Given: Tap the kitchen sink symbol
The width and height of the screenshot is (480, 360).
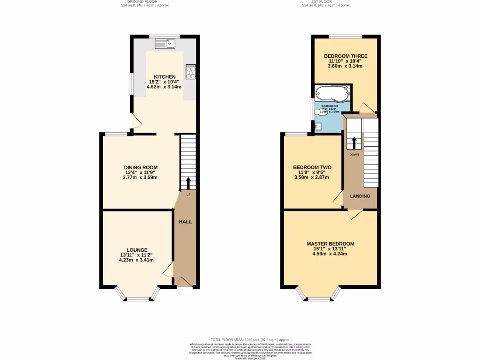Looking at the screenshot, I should (x=165, y=44).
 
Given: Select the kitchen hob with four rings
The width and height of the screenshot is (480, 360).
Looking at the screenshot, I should (x=191, y=71).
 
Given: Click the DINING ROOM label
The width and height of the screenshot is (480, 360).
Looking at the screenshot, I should (x=141, y=167).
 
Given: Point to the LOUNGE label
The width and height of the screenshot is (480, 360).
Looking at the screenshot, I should (x=137, y=250).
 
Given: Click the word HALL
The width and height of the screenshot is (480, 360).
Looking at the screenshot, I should (x=186, y=221).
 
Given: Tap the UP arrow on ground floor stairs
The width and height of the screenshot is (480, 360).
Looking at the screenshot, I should (x=188, y=183).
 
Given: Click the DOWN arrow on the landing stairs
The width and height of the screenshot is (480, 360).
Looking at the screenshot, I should (x=354, y=142).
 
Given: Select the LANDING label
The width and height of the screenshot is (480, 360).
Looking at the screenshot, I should (x=360, y=196).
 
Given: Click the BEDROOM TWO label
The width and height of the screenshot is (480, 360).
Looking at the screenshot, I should (x=312, y=167).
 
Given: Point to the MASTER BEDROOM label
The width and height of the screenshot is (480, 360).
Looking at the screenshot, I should (x=330, y=244).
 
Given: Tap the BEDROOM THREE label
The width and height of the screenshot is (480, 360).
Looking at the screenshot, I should (x=345, y=56).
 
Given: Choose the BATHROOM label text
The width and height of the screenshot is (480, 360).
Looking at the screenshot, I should (x=330, y=106).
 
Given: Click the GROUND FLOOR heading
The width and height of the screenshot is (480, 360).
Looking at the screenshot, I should (x=142, y=1).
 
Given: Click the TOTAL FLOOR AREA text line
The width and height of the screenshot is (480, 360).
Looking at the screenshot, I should (x=250, y=339).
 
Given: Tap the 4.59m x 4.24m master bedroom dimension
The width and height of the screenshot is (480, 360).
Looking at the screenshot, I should (x=330, y=254).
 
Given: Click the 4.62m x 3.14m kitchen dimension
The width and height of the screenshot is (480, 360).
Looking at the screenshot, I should (x=164, y=87).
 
